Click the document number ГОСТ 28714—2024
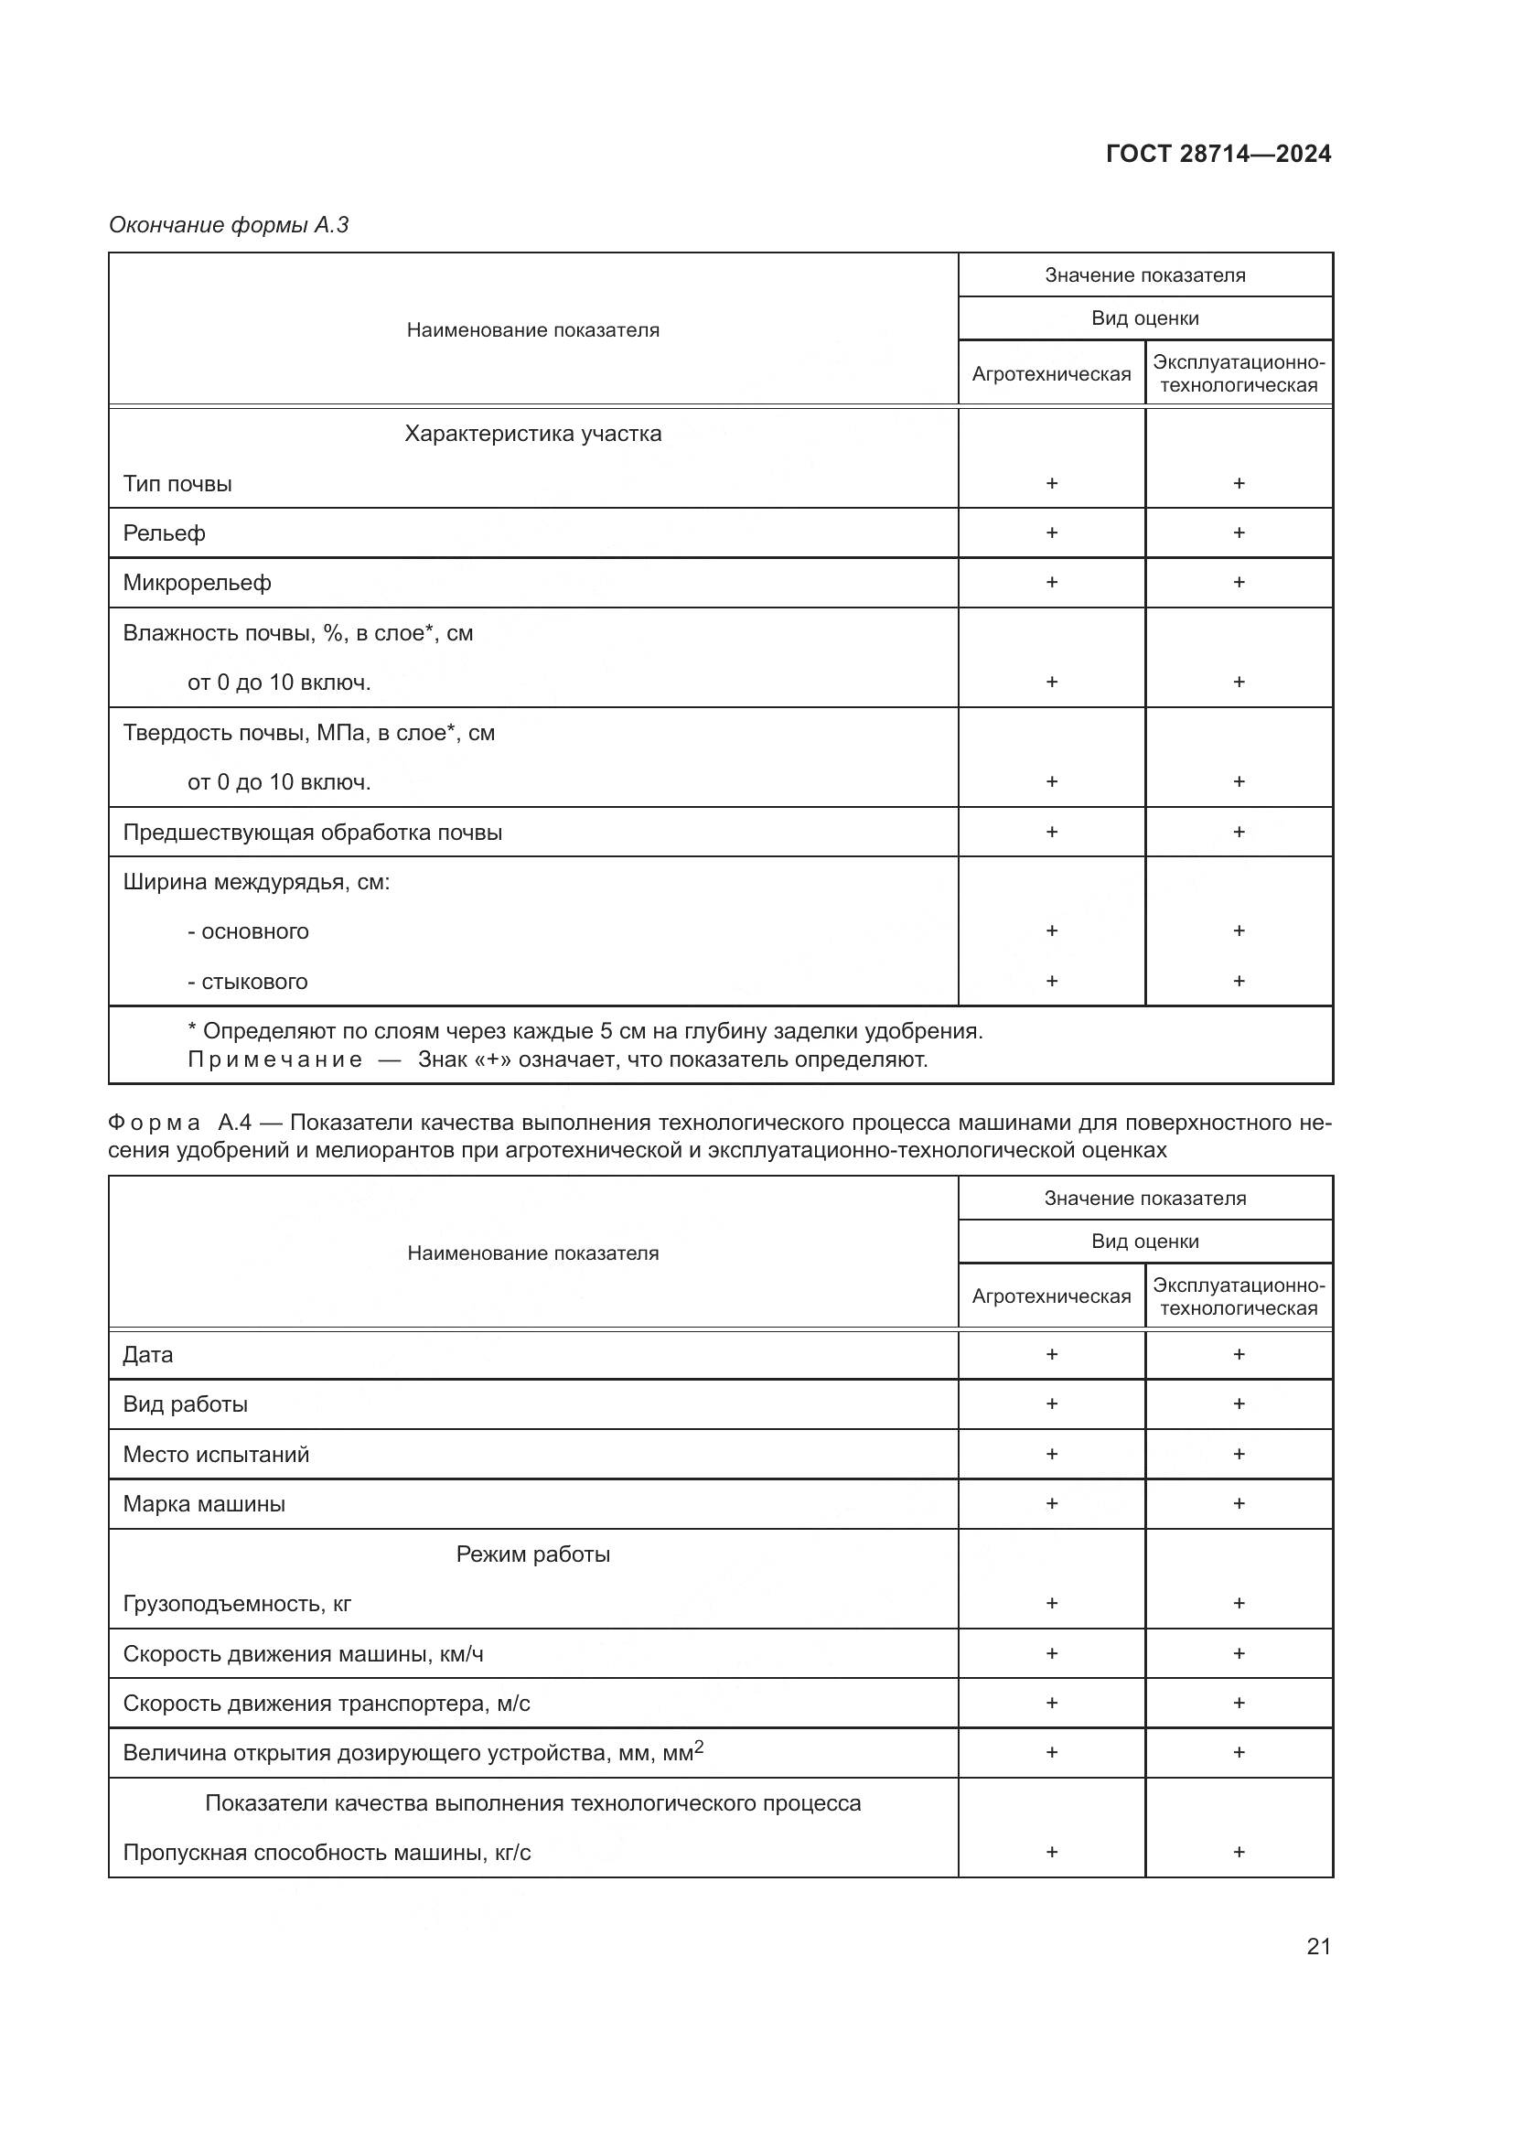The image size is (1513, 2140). tap(1218, 154)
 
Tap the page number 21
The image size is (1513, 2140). tap(1318, 1946)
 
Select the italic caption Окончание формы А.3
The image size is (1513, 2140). tap(229, 225)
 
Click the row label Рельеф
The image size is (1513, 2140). tap(164, 533)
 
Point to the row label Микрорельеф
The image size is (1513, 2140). tap(197, 584)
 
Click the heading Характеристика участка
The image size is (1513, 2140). tap(533, 434)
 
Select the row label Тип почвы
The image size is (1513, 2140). tap(177, 484)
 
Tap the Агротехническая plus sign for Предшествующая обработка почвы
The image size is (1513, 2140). tap(1051, 832)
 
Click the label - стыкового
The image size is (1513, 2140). tap(248, 982)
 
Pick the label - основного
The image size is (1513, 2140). tap(248, 931)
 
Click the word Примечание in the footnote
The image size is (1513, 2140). tap(274, 1059)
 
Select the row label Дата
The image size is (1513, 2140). tap(148, 1355)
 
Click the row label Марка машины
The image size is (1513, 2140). tap(204, 1504)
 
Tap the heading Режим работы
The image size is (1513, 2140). tap(533, 1554)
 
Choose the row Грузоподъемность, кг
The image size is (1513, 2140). tap(237, 1604)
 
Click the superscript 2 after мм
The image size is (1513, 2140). tap(699, 1747)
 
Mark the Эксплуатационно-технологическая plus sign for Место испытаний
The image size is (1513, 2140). tap(1239, 1454)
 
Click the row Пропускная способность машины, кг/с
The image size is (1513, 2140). tap(326, 1853)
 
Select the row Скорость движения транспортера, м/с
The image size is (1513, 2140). tap(326, 1704)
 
